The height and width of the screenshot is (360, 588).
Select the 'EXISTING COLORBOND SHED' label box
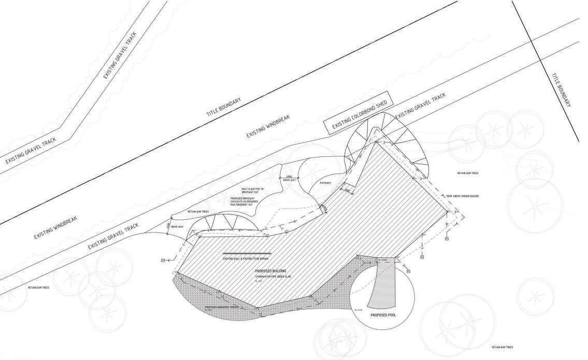pyautogui.click(x=359, y=116)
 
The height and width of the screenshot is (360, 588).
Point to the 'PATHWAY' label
pyautogui.click(x=325, y=183)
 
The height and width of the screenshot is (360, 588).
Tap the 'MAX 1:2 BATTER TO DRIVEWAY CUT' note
pyautogui.click(x=253, y=191)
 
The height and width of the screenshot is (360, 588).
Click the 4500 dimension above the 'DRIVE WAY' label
pyautogui.click(x=289, y=177)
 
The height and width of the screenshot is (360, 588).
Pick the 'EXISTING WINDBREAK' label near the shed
pyautogui.click(x=268, y=126)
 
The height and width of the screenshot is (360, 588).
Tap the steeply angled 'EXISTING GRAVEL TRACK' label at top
pyautogui.click(x=120, y=55)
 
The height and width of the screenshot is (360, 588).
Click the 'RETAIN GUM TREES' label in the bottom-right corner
pyautogui.click(x=502, y=347)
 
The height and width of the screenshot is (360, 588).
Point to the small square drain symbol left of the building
pyautogui.click(x=163, y=260)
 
